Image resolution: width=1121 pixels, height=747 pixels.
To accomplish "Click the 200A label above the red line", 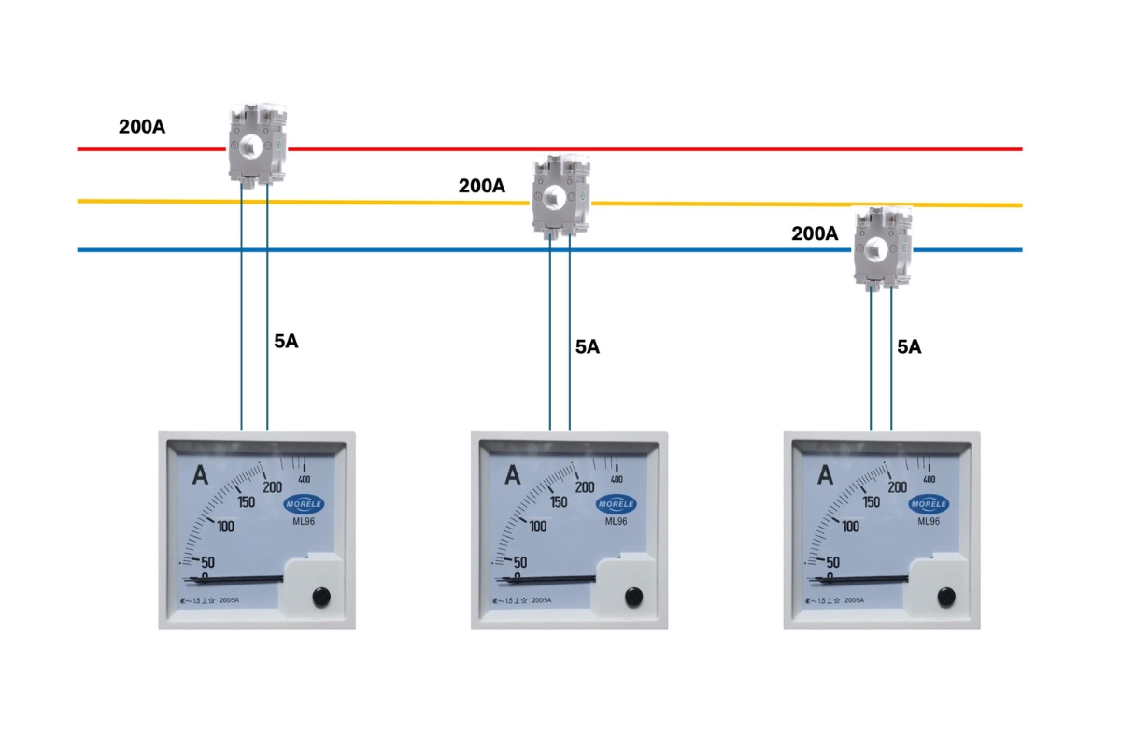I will point(142,126).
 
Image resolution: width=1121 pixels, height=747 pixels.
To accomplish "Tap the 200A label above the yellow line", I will point(481,186).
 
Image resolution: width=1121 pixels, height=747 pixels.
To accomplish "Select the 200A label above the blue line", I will point(815,234).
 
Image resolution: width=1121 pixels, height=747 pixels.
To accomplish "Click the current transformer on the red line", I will point(256,146).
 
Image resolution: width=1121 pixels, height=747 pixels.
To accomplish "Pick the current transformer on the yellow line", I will point(559,195).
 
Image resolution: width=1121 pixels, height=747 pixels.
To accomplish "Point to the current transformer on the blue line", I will point(882,247).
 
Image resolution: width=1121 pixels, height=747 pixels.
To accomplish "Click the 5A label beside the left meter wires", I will point(286,341).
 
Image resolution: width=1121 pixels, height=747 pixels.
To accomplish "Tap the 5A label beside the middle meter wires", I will point(587,347).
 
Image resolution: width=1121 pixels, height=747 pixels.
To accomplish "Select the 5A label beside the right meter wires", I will point(909,346).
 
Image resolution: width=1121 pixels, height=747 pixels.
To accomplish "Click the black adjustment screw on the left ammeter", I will point(320,596).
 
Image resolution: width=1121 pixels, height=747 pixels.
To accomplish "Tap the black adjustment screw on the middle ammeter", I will point(633,596).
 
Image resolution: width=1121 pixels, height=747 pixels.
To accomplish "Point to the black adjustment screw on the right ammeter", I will point(945,596).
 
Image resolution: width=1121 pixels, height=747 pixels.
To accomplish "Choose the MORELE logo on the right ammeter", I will point(929,504).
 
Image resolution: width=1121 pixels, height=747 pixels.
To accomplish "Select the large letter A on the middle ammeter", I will point(512,475).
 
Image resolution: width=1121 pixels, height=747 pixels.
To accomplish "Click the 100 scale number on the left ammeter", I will point(225,527).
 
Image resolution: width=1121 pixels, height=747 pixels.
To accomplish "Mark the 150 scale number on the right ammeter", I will point(871,502).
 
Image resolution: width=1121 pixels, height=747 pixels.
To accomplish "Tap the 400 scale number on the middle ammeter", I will point(617,479).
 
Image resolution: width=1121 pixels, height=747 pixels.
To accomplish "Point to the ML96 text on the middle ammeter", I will point(617,522).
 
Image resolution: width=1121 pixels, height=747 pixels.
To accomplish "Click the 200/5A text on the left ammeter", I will point(229,600).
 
